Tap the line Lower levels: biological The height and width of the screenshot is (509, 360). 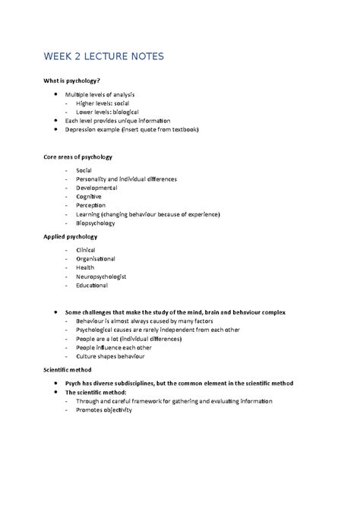pos(107,112)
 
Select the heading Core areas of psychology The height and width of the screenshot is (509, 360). pos(79,157)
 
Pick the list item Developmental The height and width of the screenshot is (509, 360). pos(96,188)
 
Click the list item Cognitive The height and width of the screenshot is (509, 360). pos(89,197)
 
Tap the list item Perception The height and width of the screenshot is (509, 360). pos(91,205)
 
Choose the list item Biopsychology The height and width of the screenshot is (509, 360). pos(96,223)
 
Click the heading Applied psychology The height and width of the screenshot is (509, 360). pos(70,237)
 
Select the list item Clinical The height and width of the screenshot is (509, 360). pos(87,250)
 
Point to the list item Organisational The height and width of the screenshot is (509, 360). pos(96,259)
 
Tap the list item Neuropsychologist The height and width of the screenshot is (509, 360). pos(101,277)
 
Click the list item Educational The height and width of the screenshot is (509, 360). pos(92,286)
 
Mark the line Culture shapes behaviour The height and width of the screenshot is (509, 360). pos(110,356)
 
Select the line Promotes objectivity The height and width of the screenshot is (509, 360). pos(104,410)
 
